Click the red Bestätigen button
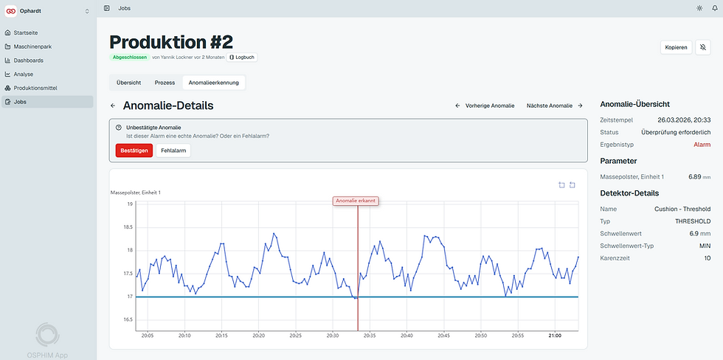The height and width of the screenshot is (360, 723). point(134,150)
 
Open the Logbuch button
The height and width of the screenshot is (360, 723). point(242,57)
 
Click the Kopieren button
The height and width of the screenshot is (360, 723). point(677,47)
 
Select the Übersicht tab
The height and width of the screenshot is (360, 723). point(128,83)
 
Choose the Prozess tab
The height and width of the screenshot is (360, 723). point(165,83)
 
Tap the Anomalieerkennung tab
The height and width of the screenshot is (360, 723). point(213,83)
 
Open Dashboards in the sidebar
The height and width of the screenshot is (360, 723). point(29,60)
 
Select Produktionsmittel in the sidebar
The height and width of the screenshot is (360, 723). point(35,88)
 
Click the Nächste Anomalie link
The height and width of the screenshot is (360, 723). point(555,105)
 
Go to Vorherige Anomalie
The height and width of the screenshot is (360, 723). point(485,105)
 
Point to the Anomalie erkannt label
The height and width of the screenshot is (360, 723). point(356,201)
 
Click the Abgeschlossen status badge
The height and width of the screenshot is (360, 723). point(130,57)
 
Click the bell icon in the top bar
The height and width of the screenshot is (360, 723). point(715,8)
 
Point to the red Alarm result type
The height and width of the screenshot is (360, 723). point(702,145)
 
